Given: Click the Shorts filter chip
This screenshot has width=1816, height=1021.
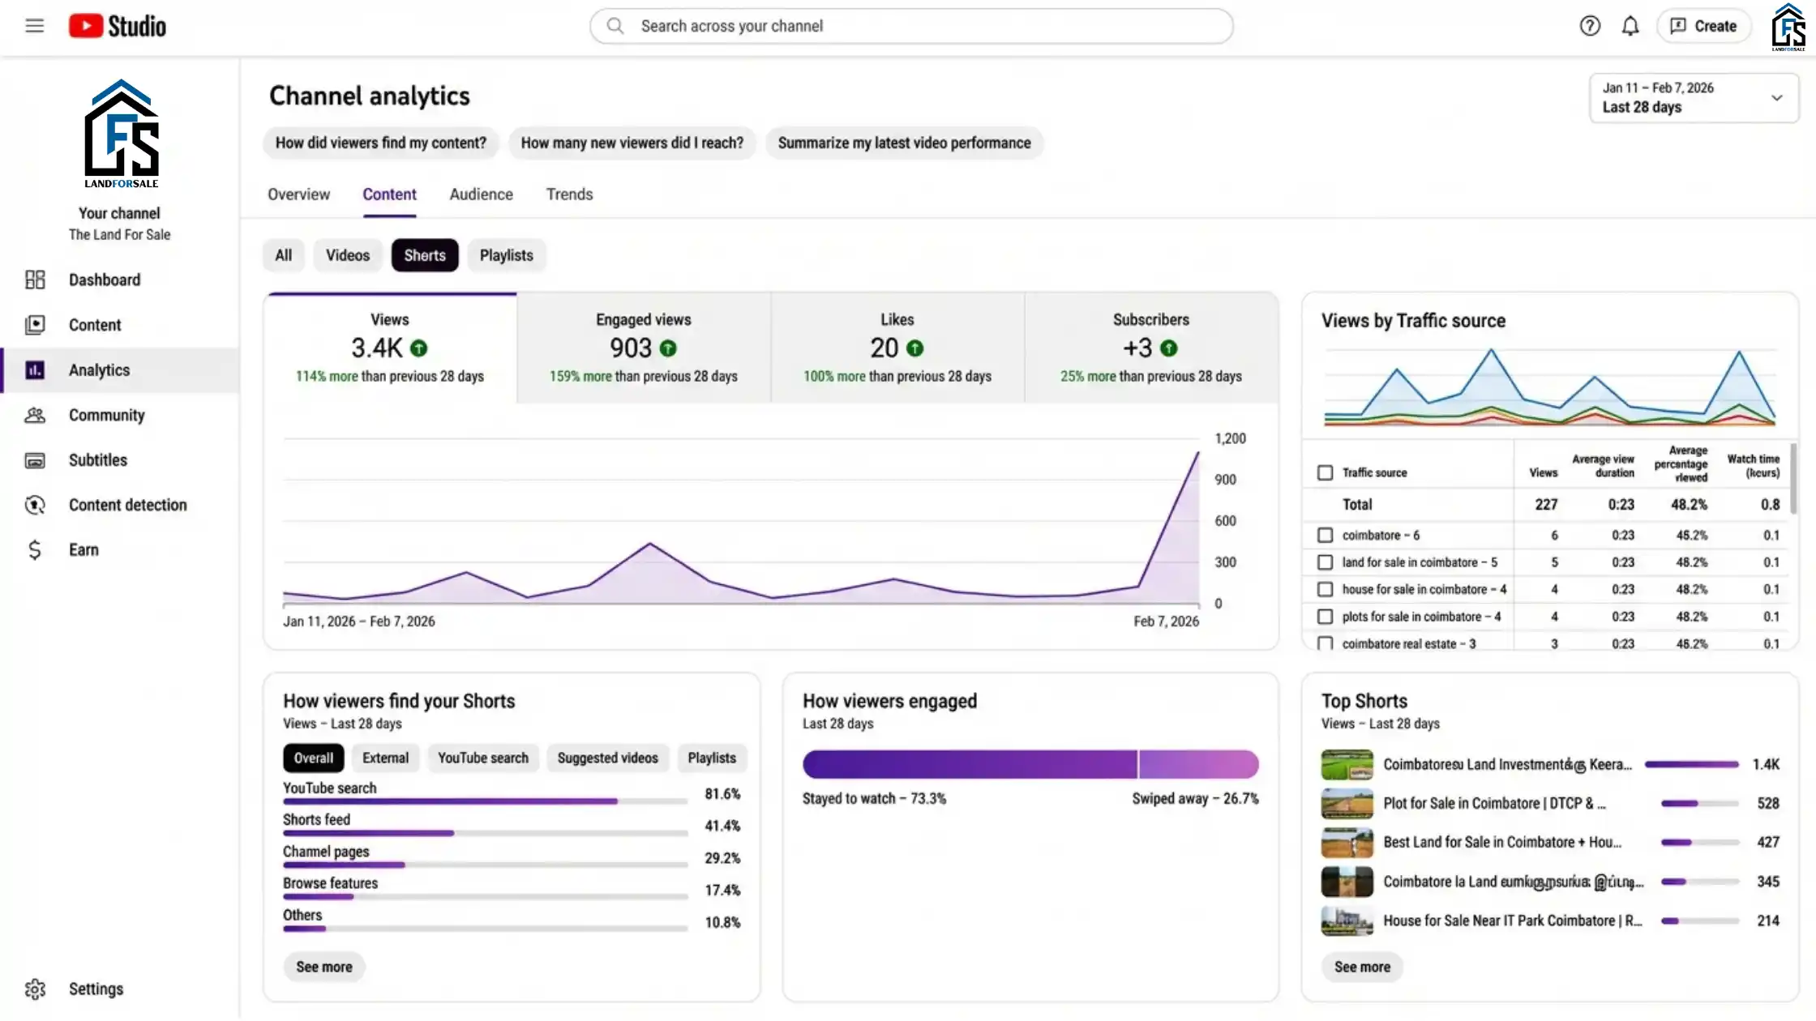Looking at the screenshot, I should point(425,255).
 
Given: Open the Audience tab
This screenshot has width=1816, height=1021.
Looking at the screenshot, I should point(481,194).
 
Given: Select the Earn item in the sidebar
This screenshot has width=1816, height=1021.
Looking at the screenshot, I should point(84,550).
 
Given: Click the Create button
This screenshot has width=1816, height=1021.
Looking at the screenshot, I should point(1704,26).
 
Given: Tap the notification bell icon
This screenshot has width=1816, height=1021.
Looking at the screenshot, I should point(1630,26).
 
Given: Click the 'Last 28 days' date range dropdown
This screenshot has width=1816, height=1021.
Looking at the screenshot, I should point(1693,98).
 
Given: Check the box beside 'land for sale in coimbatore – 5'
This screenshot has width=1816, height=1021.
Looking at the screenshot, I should point(1325,562).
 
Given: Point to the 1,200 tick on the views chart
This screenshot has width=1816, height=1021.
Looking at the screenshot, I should point(1229,438).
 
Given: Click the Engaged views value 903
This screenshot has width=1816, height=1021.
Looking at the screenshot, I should point(631,348).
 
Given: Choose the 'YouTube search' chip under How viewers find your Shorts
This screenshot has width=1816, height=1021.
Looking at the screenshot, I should point(482,758).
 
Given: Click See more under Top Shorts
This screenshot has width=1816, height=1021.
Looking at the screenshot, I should point(1362,967).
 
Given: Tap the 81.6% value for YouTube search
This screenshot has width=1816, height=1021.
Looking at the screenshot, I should point(722,794).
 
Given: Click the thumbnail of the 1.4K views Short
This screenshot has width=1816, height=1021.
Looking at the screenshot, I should point(1347,765).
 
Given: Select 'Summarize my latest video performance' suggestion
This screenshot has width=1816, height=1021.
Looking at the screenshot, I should point(904,143).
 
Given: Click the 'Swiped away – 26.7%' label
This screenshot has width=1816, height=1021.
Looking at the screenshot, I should point(1195,799).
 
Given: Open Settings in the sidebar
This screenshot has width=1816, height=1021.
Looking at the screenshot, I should point(96,989).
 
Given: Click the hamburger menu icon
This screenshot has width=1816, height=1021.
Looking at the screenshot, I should point(34,26).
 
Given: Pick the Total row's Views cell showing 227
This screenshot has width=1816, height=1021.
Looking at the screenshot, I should point(1545,505).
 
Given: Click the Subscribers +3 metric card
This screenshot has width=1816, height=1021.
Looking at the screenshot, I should point(1150,348).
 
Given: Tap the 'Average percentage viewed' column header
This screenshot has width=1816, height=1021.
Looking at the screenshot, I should point(1681,464).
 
